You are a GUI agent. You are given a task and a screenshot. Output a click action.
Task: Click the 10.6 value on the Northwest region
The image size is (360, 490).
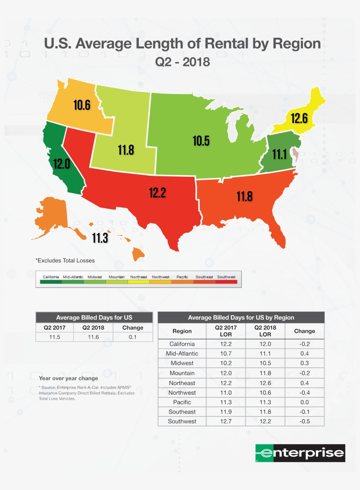[x=82, y=105]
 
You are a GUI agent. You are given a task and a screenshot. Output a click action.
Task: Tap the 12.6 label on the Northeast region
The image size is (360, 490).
[x=299, y=118]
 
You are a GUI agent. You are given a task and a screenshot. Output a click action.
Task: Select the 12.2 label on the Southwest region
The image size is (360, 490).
[x=157, y=192]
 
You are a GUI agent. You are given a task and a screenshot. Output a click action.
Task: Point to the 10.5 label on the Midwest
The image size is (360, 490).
[x=201, y=141]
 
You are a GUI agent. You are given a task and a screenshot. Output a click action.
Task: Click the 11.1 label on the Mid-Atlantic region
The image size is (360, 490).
[x=280, y=154]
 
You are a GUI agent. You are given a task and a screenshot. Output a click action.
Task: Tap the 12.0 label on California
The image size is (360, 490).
[x=61, y=164]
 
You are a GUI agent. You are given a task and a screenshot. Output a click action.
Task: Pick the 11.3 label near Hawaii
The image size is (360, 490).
[x=100, y=238]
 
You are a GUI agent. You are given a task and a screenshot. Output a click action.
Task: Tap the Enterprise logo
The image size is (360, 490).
[x=300, y=453]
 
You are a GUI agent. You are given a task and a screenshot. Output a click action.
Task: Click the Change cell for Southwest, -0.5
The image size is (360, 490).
[x=304, y=421]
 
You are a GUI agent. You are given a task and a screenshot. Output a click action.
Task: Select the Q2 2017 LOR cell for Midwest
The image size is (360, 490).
[x=226, y=363]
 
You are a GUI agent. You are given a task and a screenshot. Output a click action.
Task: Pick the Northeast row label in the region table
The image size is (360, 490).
[x=182, y=383]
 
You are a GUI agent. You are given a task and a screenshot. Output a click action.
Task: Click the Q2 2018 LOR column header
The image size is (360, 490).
[x=265, y=331]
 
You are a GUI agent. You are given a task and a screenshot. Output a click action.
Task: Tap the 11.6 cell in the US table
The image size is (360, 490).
[x=94, y=337]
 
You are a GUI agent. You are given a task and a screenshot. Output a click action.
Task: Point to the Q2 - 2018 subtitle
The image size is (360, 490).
[x=183, y=62]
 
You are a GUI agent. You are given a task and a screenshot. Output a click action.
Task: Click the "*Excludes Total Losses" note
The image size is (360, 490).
[x=65, y=261]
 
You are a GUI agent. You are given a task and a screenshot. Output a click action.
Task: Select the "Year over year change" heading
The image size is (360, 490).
[x=68, y=378]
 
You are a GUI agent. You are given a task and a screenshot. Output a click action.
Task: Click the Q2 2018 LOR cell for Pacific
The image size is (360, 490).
[x=265, y=402]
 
